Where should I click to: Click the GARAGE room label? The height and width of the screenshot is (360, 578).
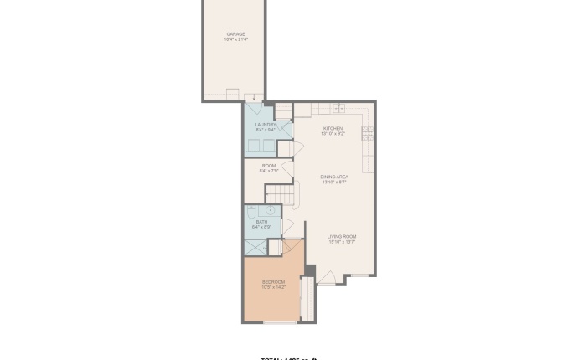click(235, 34)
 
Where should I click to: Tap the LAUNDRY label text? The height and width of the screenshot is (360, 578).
click(266, 125)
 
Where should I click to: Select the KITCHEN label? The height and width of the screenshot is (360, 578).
click(333, 128)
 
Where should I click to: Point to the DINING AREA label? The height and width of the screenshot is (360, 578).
click(334, 177)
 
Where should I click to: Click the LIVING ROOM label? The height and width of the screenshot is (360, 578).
click(341, 237)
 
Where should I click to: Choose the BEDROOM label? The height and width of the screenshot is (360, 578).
click(274, 282)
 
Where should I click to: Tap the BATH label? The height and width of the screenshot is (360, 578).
click(262, 222)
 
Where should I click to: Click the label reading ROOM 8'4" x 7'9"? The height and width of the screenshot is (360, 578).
click(268, 166)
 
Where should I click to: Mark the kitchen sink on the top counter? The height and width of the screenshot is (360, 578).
click(338, 108)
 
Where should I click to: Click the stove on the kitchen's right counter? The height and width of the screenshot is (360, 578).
click(367, 131)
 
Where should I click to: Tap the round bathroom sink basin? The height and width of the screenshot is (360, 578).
click(271, 211)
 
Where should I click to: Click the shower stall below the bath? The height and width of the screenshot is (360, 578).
click(255, 247)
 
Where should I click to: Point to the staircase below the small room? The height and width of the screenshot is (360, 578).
click(287, 194)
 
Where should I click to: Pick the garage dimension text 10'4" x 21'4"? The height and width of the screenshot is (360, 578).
click(235, 39)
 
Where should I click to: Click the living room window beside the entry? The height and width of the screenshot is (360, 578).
click(360, 275)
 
